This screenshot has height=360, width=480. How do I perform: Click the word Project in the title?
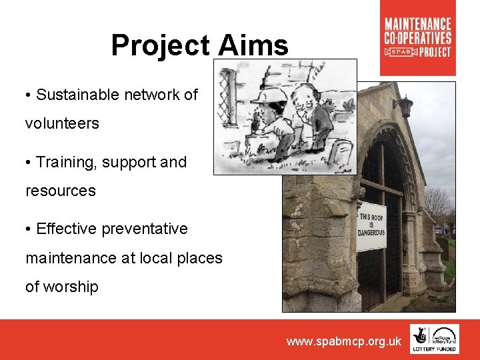(x=159, y=46)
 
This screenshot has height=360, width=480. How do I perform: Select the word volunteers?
(x=62, y=123)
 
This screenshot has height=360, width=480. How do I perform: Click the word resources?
(x=61, y=191)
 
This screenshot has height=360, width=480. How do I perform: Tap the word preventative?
(x=147, y=229)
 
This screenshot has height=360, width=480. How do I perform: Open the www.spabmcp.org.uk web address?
(x=344, y=341)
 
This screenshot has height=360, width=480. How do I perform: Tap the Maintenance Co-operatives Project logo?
(x=418, y=37)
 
